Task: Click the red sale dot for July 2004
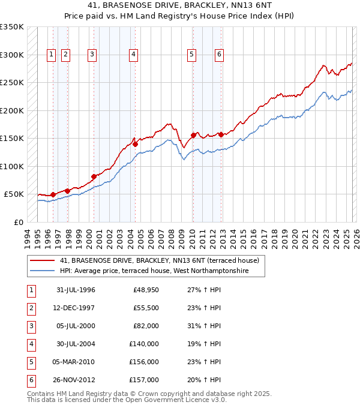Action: tap(136, 144)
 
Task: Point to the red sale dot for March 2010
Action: tap(193, 135)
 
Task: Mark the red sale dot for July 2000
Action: tap(94, 176)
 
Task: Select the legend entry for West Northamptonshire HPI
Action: tap(162, 271)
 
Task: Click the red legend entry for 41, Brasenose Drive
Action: tap(159, 260)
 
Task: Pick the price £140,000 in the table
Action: tap(144, 344)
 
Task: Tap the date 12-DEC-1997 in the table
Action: tap(75, 308)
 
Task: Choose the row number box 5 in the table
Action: tap(31, 362)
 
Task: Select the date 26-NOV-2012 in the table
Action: tap(75, 380)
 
